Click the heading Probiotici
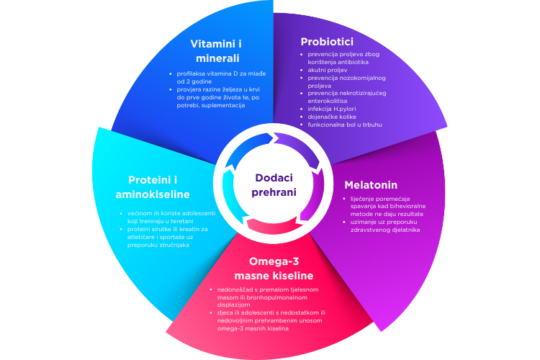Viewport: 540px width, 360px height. pyautogui.click(x=327, y=42)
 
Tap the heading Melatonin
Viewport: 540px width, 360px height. pyautogui.click(x=371, y=185)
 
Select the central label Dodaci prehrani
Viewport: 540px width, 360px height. pyautogui.click(x=274, y=185)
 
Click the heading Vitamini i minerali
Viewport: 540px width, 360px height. pyautogui.click(x=217, y=51)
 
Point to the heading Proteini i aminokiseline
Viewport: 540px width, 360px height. pyautogui.click(x=153, y=187)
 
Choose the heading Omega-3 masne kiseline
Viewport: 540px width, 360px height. pyautogui.click(x=274, y=269)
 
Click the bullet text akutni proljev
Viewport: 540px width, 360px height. pyautogui.click(x=328, y=70)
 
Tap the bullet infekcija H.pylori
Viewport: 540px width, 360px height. pyautogui.click(x=332, y=109)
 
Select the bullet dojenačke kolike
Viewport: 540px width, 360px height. pyautogui.click(x=332, y=117)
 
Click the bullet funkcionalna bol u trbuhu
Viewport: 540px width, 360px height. pyautogui.click(x=345, y=125)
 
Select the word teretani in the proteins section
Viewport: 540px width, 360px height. pyautogui.click(x=182, y=221)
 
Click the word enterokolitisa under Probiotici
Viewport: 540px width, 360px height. pyautogui.click(x=328, y=101)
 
